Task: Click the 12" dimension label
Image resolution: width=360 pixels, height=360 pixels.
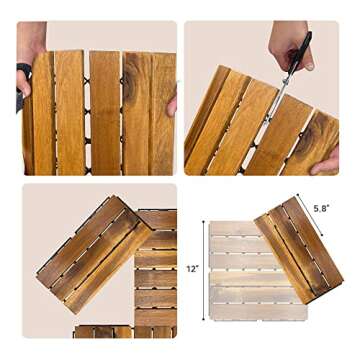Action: click(x=191, y=269)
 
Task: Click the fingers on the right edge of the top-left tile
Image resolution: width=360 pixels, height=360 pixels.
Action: click(x=172, y=101)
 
